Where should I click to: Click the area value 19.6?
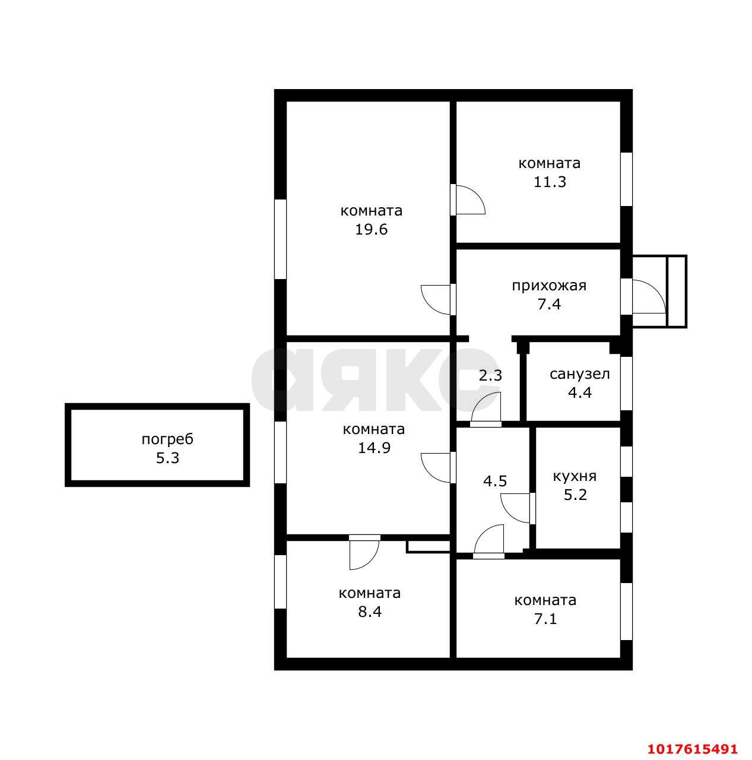tap(371, 229)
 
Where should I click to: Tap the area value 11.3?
tap(550, 182)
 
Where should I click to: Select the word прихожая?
tap(549, 286)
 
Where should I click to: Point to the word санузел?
tap(579, 374)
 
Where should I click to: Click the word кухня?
tap(575, 476)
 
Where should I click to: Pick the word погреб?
tap(167, 439)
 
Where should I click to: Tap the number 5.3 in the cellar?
tap(167, 458)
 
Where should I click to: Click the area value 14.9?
tap(374, 448)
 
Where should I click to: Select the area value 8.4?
tap(370, 612)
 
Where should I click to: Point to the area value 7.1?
tap(545, 619)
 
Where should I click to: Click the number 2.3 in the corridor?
tap(490, 375)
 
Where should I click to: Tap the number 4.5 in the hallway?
tap(495, 481)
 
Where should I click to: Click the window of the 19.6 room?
tap(280, 239)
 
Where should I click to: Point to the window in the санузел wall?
tap(627, 384)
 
